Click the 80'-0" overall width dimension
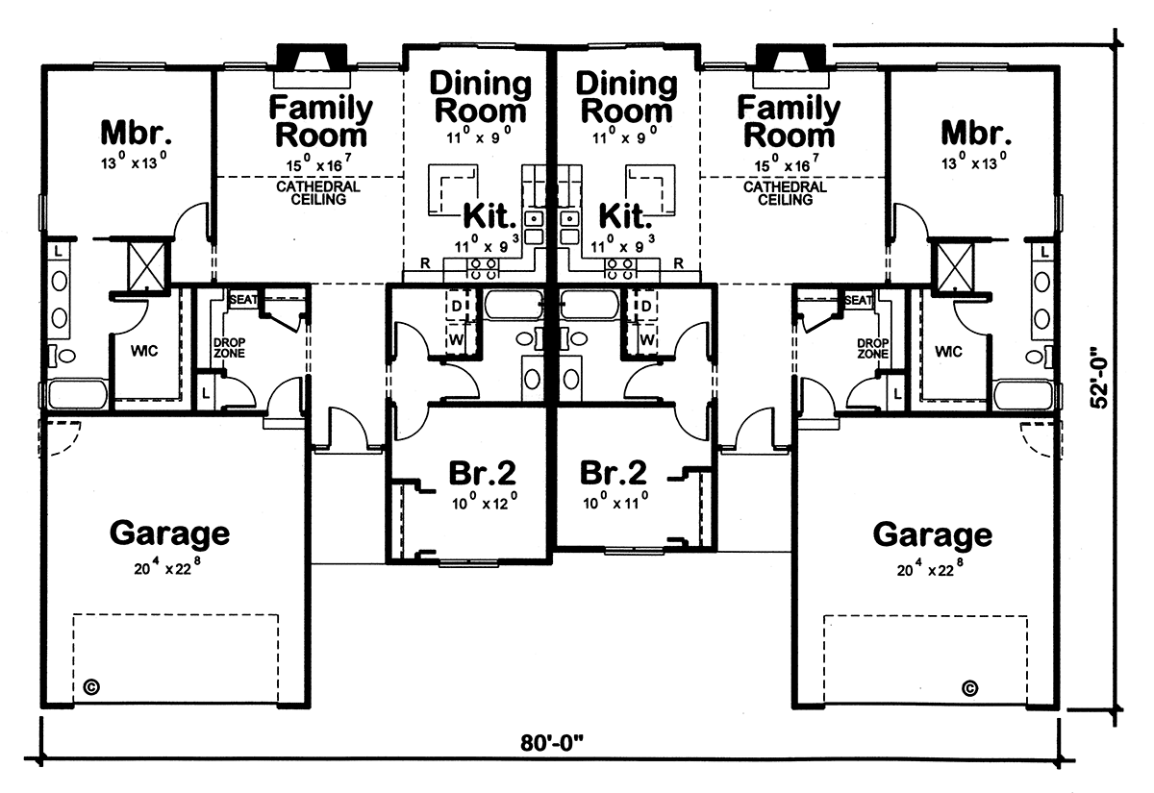point(552,743)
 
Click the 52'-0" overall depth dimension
point(1099,378)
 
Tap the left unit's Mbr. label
point(136,133)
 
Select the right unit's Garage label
point(933,536)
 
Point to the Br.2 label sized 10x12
point(482,473)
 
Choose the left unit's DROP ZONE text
point(229,348)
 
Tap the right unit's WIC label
point(948,352)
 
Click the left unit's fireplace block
point(312,57)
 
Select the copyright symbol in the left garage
point(91,687)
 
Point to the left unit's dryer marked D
point(457,306)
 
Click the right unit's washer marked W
point(646,339)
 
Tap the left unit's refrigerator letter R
point(425,263)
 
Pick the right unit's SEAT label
point(858,300)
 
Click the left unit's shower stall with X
point(147,267)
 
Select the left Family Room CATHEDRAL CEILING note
point(318,192)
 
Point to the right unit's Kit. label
point(625,215)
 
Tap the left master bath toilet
point(63,356)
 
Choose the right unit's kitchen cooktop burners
point(619,269)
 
